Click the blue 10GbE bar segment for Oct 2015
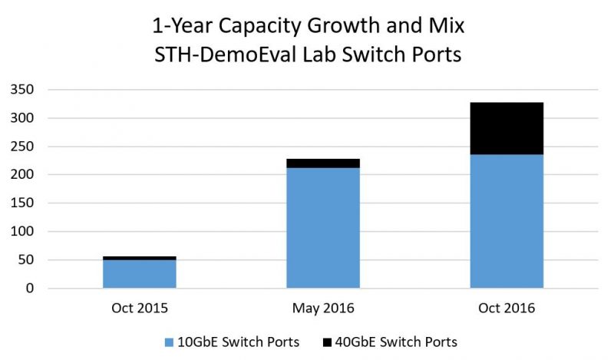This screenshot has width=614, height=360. [139, 274]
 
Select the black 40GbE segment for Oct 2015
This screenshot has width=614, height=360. [139, 258]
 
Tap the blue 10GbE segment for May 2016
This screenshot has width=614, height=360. [322, 227]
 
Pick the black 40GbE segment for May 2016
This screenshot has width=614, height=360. [322, 163]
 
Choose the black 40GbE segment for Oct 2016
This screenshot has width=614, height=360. [506, 128]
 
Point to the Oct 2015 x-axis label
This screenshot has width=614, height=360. [139, 309]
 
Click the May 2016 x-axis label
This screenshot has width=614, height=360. [322, 309]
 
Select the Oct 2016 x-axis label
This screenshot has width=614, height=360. [506, 309]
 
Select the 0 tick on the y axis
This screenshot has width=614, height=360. [30, 289]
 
